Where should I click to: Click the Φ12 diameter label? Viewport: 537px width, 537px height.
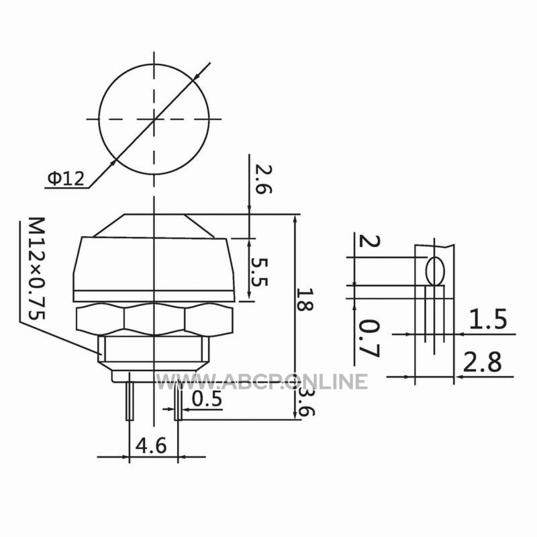coord(66,179)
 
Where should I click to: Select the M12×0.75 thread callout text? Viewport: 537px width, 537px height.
coord(36,268)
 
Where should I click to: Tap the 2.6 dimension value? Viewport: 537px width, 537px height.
coord(263,179)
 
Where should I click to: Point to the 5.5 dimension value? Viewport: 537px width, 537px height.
coord(259,272)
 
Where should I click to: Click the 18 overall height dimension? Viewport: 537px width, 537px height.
coord(305,299)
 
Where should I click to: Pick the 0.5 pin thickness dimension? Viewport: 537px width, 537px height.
coord(207,399)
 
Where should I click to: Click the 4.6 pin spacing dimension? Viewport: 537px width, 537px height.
coord(151,446)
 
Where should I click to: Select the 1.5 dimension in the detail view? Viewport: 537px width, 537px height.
coord(487,320)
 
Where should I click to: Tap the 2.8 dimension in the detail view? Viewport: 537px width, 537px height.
coord(482,362)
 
